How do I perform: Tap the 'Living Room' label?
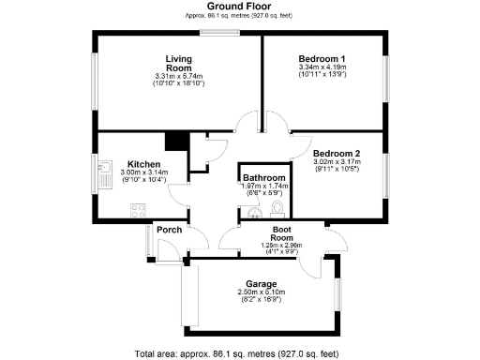(179, 63)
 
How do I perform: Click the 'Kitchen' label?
(144, 163)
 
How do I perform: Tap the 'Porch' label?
(170, 230)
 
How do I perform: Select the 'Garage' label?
(260, 283)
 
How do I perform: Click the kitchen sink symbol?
(105, 174)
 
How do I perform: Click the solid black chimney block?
(173, 141)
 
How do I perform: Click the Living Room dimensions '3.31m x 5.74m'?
(179, 77)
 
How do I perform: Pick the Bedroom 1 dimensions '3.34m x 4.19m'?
(322, 67)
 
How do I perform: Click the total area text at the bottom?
(236, 353)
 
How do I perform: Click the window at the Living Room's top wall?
(226, 34)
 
